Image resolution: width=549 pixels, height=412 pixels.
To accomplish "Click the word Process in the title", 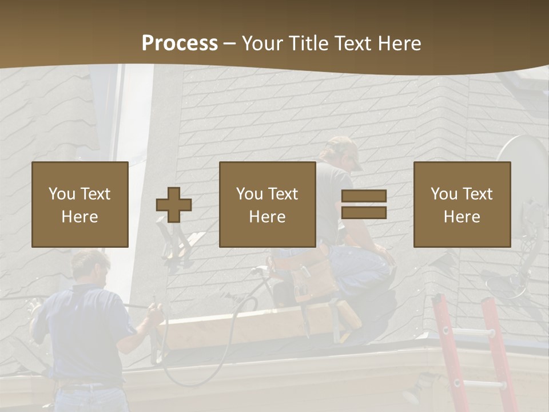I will point(180,43).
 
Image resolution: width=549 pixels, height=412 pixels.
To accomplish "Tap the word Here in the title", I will point(399,43).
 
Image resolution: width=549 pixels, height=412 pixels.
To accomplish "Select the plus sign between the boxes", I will point(174,205).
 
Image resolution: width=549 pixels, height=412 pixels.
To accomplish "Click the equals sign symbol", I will point(364,204).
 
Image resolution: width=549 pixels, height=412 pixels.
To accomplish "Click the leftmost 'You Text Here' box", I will point(80,204).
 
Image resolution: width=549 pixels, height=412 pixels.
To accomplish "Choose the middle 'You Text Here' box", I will point(268,204).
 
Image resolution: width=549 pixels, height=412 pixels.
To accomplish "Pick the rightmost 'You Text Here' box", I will point(462,204).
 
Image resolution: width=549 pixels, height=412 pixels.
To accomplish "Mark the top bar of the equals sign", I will point(364,196).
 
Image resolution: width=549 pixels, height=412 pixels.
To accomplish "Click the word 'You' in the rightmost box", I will point(444,194).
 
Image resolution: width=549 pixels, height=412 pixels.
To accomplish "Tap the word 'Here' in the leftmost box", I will point(80,217).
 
